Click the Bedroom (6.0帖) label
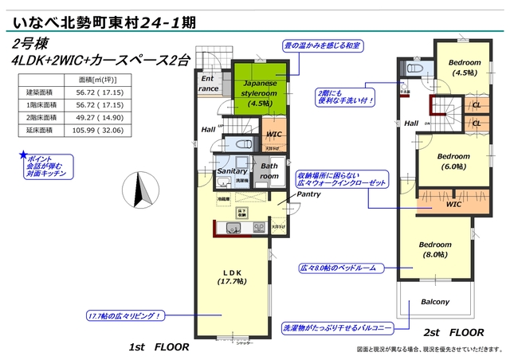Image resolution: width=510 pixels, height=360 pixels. point(453,162)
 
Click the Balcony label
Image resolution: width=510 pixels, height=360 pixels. point(435,302)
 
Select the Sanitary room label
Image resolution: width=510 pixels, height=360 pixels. point(232,171)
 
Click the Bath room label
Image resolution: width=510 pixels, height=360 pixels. point(269,170)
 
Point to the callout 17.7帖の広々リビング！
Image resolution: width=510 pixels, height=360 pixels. point(124,316)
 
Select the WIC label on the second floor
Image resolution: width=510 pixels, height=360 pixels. point(454,205)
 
